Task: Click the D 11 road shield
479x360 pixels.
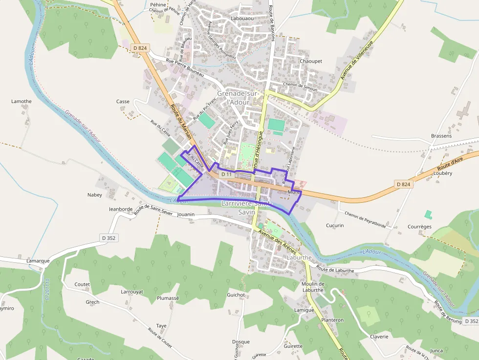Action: point(226,174)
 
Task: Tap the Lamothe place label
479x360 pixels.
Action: point(22,102)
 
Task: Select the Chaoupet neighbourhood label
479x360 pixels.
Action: point(311,61)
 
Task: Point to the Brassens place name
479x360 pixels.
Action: point(441,136)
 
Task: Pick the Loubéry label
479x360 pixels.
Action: point(443,173)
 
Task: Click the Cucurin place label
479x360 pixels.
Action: point(335,226)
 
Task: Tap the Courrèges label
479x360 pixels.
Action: point(420,227)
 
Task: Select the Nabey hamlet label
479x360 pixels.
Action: point(95,195)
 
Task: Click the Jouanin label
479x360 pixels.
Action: point(186,214)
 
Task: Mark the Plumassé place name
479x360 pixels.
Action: point(168,298)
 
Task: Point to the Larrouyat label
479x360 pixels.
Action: point(132,292)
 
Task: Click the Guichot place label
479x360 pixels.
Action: point(236,295)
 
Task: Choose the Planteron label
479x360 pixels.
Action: point(332,320)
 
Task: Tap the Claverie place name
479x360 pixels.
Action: point(379,337)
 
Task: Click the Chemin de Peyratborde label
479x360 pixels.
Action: point(365,220)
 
